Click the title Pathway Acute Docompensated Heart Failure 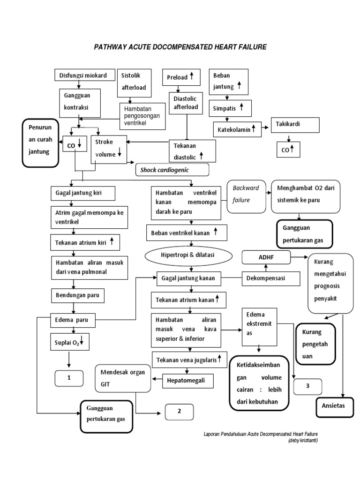coord(180,47)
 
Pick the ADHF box coord(265,257)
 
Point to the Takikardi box coord(295,125)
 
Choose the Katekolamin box coord(237,128)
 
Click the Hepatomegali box coord(187,381)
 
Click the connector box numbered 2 coord(179,412)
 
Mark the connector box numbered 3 coord(308,386)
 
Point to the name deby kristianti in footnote coord(302,440)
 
